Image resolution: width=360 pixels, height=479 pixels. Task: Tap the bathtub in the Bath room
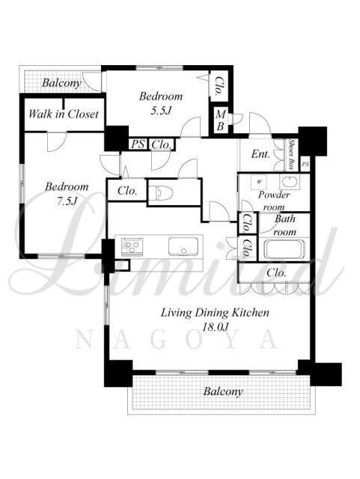[x=284, y=249]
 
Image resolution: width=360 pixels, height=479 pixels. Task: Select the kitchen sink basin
[x=183, y=246]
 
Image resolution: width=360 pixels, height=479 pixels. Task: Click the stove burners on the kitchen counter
[x=132, y=246]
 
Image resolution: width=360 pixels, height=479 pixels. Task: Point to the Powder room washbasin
[x=290, y=183]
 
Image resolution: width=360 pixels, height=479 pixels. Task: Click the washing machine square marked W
[x=259, y=182]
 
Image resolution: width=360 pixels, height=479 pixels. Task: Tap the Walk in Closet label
[x=64, y=115]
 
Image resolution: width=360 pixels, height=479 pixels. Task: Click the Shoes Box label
[x=292, y=154]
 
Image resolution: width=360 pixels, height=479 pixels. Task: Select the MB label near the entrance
[x=220, y=120]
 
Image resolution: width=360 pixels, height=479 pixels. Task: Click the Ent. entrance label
[x=260, y=154]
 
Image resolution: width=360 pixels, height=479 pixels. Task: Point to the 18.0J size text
[x=215, y=326]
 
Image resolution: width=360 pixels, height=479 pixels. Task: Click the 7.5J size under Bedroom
[x=67, y=201]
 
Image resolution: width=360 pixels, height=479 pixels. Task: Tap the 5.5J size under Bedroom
[x=160, y=110]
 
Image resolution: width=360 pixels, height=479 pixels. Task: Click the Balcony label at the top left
[x=61, y=83]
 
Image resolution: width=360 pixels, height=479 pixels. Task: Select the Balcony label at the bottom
[x=223, y=391]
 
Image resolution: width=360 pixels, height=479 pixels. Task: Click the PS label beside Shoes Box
[x=305, y=165]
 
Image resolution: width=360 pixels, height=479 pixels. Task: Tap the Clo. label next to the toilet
[x=127, y=191]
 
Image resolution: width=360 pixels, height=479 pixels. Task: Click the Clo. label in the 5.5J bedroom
[x=219, y=86]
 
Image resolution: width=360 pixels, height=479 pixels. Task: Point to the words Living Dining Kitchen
[x=215, y=313]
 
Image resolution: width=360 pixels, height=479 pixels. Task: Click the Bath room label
[x=285, y=225]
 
